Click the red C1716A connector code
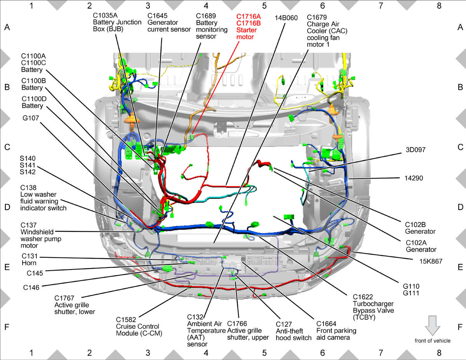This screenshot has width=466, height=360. pyautogui.click(x=249, y=17)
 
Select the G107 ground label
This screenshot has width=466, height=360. pyautogui.click(x=31, y=118)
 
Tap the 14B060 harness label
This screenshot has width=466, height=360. pyautogui.click(x=286, y=18)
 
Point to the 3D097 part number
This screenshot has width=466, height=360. pyautogui.click(x=416, y=150)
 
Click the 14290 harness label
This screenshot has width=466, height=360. pyautogui.click(x=414, y=178)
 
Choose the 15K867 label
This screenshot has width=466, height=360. pyautogui.click(x=431, y=261)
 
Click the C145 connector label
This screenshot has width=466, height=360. pyautogui.click(x=35, y=273)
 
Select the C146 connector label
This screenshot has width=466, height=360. pyautogui.click(x=31, y=287)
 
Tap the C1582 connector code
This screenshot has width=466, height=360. pyautogui.click(x=126, y=320)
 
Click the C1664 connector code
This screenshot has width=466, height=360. pyautogui.click(x=326, y=323)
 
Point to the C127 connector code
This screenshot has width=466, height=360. pyautogui.click(x=284, y=324)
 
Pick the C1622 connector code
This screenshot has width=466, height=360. pyautogui.click(x=363, y=297)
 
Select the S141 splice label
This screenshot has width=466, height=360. pyautogui.click(x=28, y=165)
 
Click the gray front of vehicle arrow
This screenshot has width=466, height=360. pyautogui.click(x=433, y=325)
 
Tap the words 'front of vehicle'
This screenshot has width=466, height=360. pyautogui.click(x=433, y=341)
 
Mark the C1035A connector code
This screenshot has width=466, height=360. pyautogui.click(x=105, y=16)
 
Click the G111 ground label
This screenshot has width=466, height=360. pyautogui.click(x=411, y=293)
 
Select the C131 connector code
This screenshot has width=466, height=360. pyautogui.click(x=30, y=256)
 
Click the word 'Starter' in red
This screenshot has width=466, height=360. pyautogui.click(x=247, y=30)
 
